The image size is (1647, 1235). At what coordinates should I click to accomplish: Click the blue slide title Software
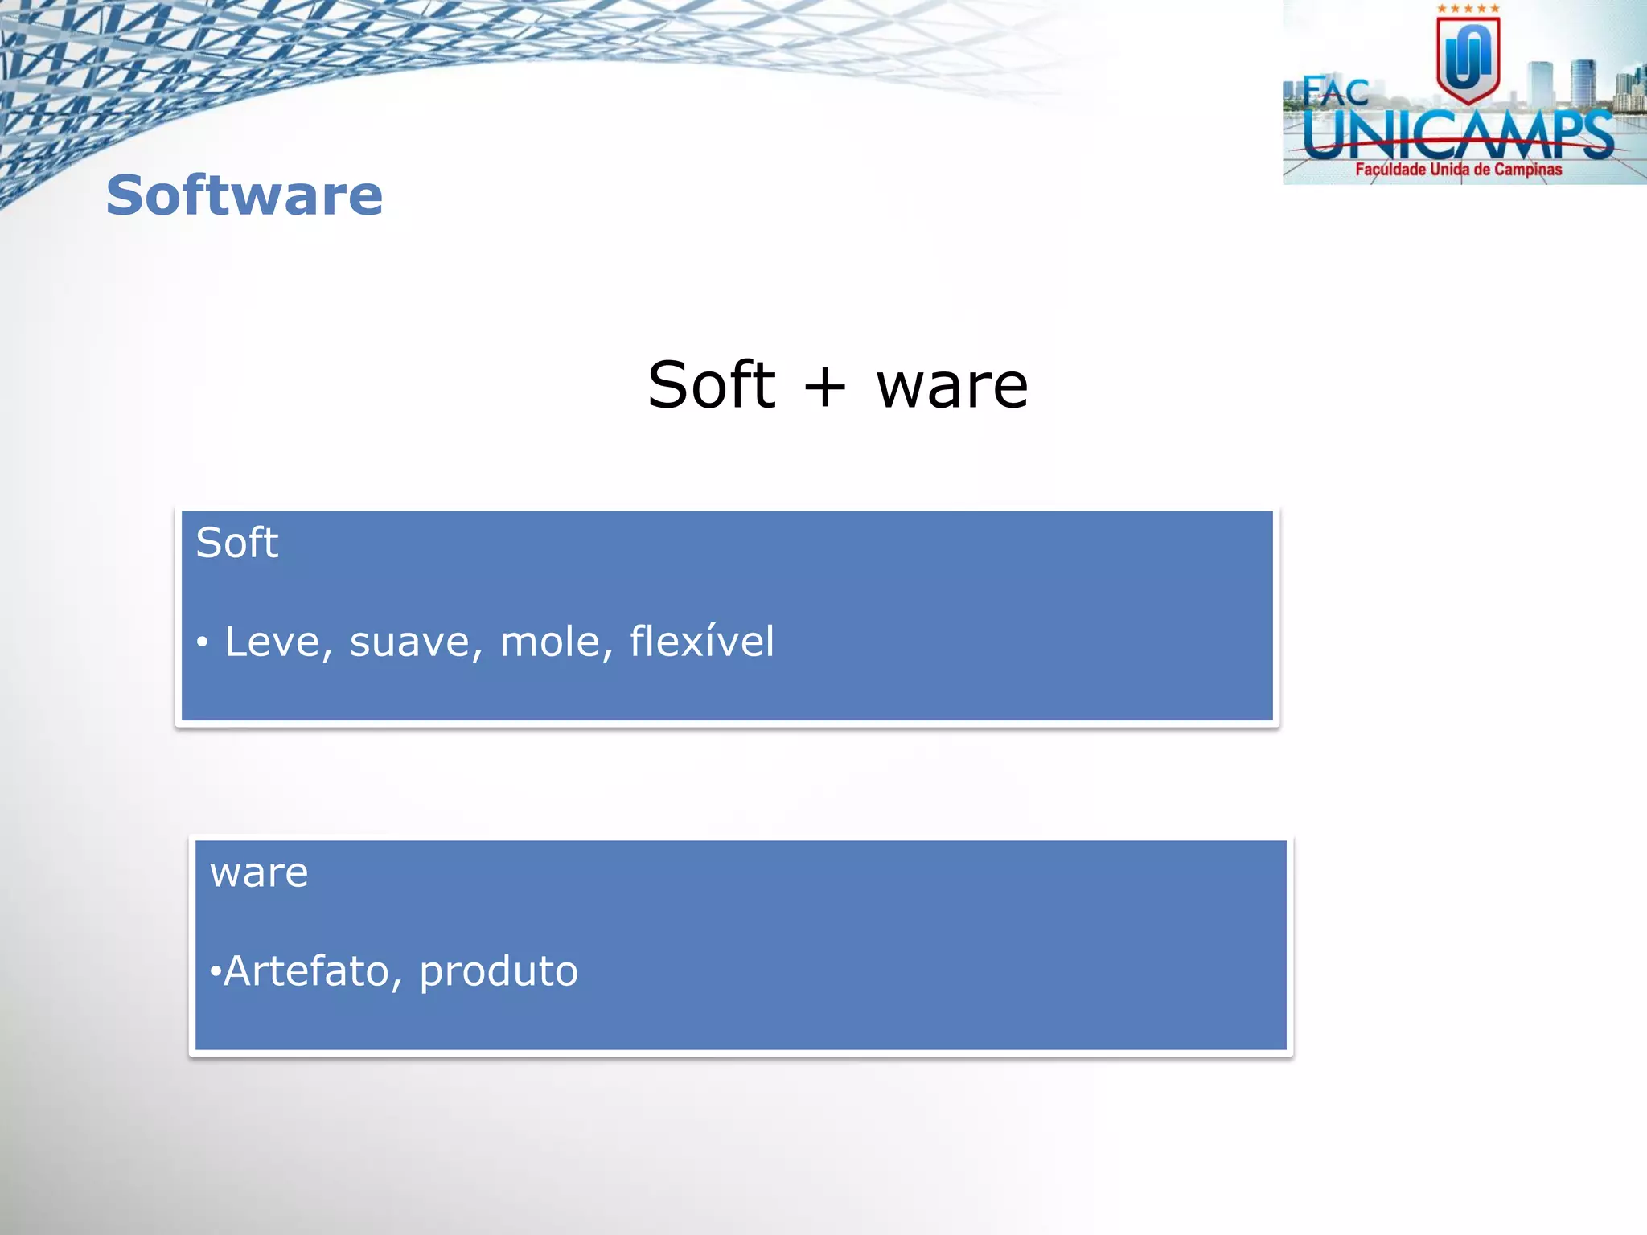pyautogui.click(x=244, y=195)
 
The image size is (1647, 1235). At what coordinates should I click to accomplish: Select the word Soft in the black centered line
pyautogui.click(x=711, y=385)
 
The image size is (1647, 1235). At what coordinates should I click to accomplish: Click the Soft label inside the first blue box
pyautogui.click(x=236, y=543)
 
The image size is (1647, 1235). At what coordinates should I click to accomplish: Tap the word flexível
pyautogui.click(x=701, y=641)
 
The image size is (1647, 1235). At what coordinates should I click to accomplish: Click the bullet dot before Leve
pyautogui.click(x=203, y=642)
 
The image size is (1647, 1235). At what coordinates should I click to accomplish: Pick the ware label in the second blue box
pyautogui.click(x=259, y=873)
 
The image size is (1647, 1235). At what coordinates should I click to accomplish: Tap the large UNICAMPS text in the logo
pyautogui.click(x=1457, y=135)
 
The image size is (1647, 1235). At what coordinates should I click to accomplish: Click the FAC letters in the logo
pyautogui.click(x=1335, y=92)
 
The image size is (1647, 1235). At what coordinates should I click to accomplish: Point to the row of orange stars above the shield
pyautogui.click(x=1468, y=9)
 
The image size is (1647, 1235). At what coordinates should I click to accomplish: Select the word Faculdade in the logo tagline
pyautogui.click(x=1390, y=170)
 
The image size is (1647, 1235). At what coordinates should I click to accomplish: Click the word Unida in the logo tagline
pyautogui.click(x=1449, y=170)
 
